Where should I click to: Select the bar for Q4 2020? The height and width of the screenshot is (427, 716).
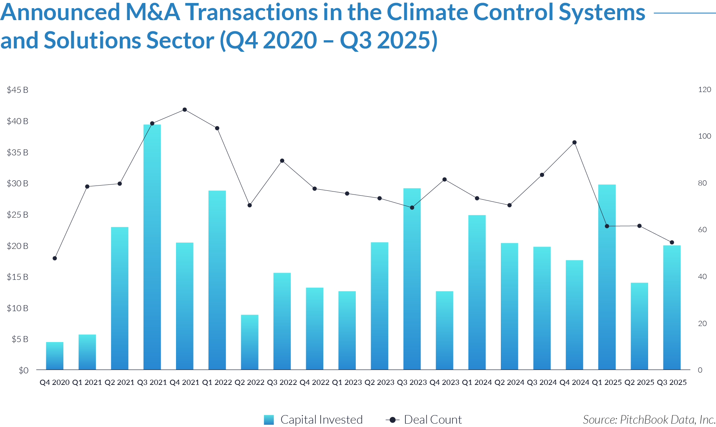click(55, 356)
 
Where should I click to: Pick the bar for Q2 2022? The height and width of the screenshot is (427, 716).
click(249, 342)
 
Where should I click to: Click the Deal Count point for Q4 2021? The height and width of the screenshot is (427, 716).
click(185, 110)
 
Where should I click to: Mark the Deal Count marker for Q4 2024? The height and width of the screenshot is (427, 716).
click(575, 142)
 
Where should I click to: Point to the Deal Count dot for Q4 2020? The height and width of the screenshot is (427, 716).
click(55, 258)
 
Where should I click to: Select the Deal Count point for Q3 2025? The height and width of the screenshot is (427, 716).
click(672, 243)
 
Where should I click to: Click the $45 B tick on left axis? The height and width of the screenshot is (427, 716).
click(18, 90)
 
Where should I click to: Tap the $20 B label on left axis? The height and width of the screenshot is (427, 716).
click(18, 246)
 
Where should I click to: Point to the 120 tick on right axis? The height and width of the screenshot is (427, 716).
click(704, 89)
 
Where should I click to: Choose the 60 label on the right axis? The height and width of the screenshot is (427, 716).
click(702, 230)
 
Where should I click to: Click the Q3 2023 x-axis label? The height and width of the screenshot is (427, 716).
click(412, 382)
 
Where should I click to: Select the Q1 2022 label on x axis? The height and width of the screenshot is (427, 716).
click(217, 382)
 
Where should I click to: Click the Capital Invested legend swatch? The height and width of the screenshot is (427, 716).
click(268, 420)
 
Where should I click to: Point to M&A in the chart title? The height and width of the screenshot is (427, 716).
click(153, 13)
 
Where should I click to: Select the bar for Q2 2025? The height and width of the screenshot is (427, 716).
click(639, 326)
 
